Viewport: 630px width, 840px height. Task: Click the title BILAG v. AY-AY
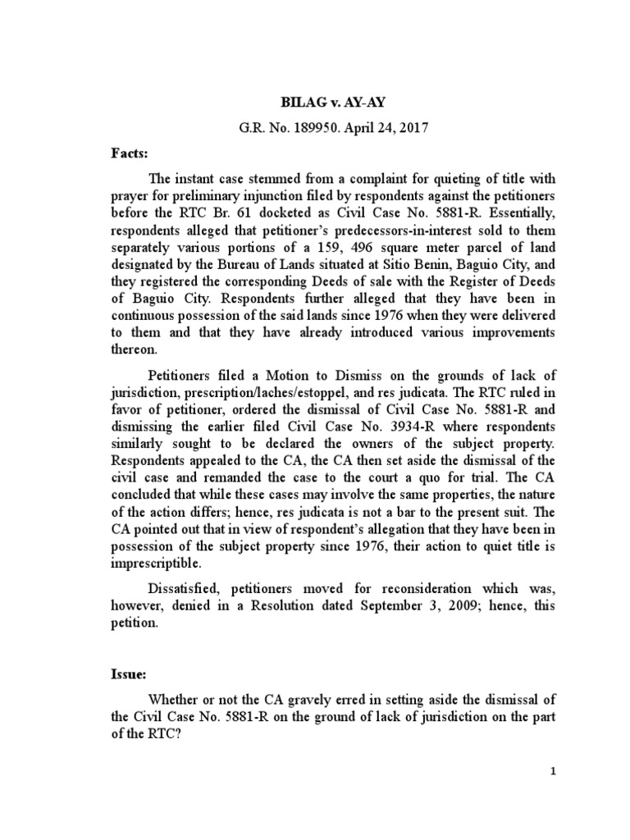click(x=314, y=106)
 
